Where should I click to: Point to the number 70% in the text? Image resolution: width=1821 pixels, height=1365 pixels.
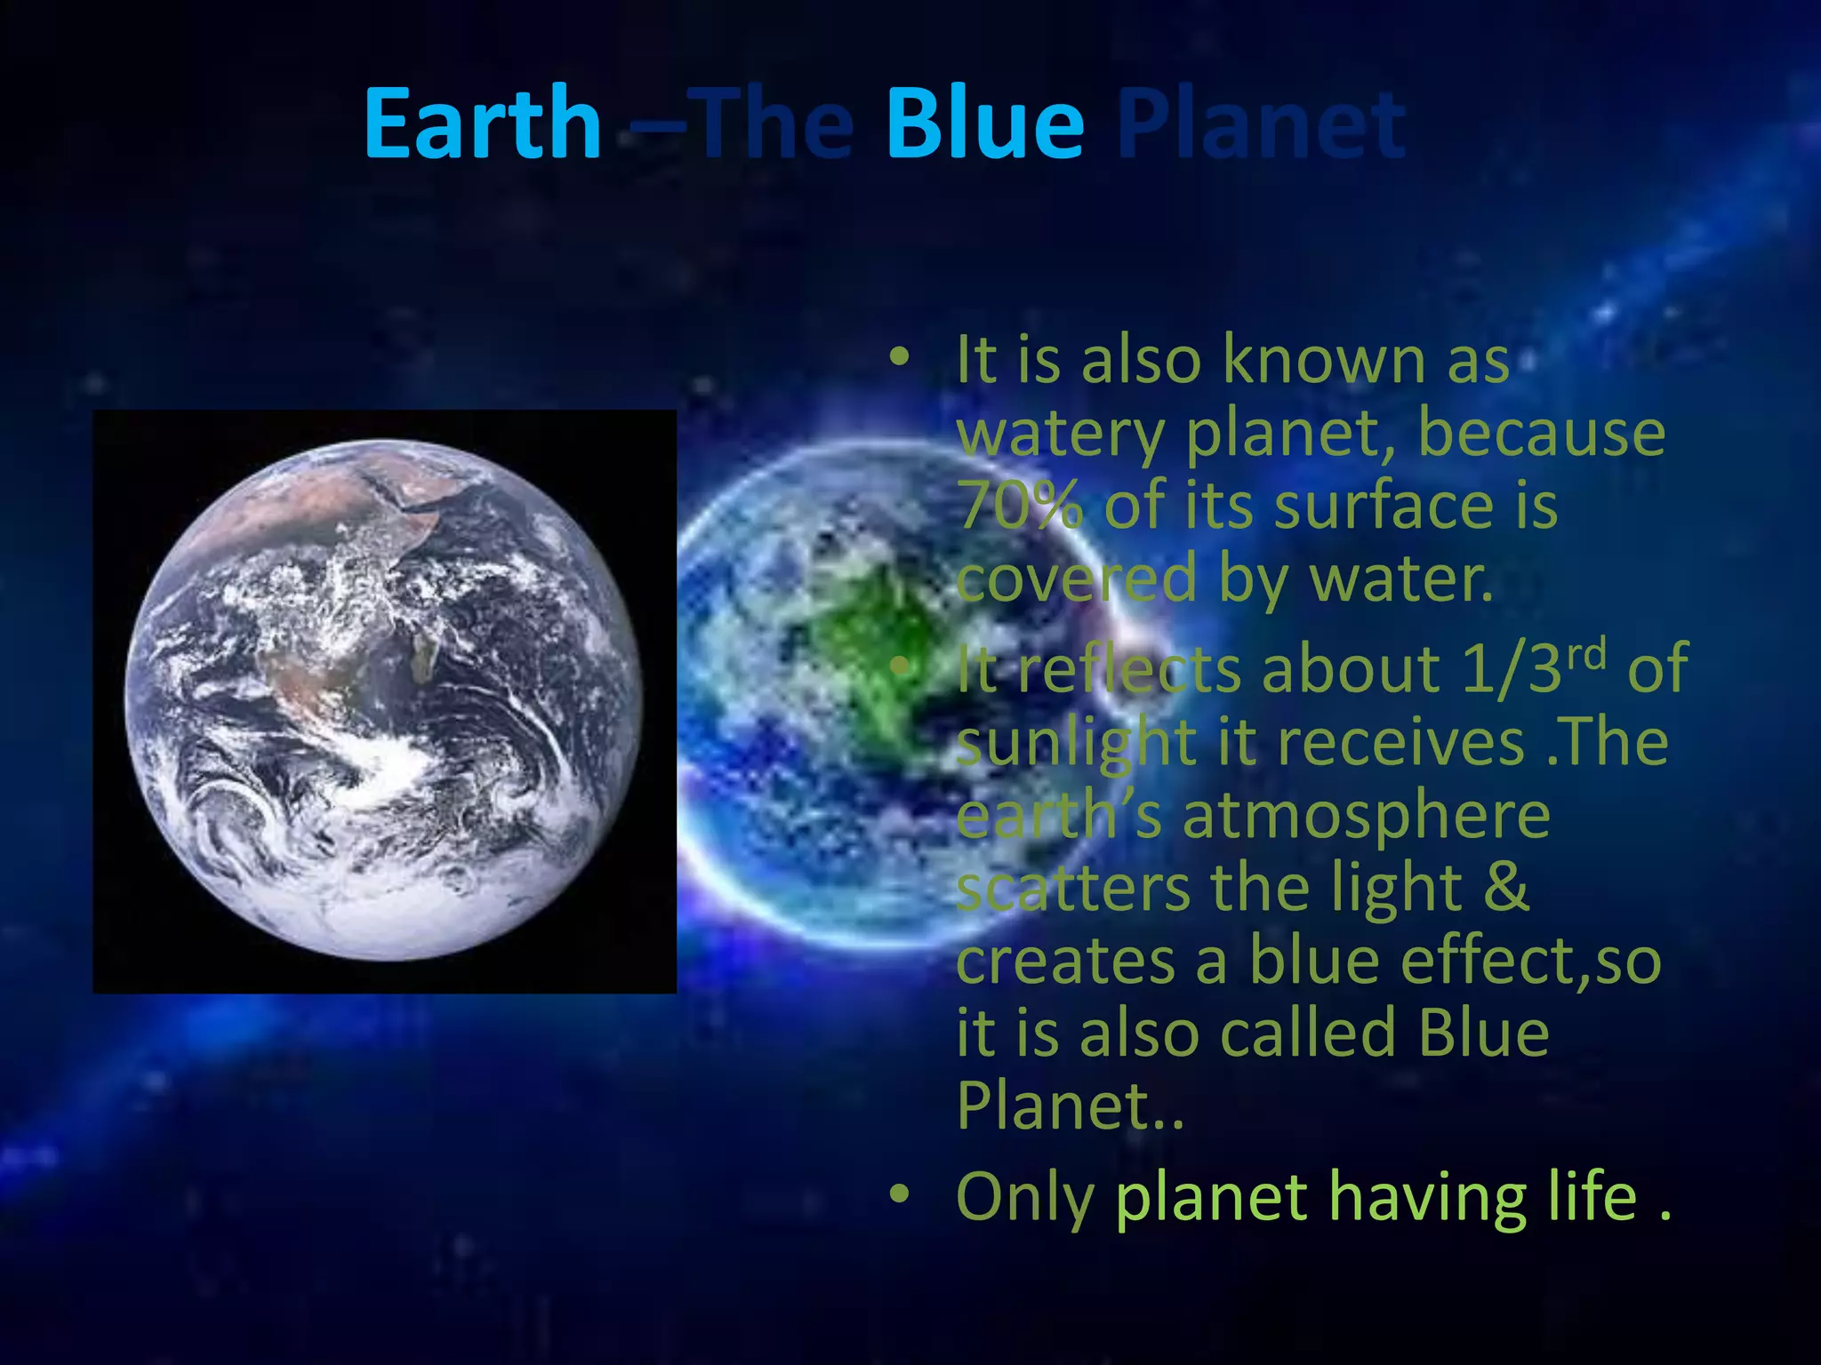(1020, 505)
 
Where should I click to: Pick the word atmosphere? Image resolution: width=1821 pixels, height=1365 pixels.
(1367, 817)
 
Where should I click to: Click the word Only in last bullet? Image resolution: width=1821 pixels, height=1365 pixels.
(1024, 1198)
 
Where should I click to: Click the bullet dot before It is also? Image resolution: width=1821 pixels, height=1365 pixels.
(900, 357)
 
